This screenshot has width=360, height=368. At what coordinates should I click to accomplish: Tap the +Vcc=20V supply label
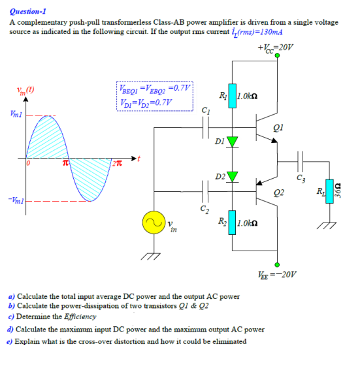click(x=276, y=48)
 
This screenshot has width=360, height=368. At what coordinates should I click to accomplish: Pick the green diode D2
click(x=231, y=176)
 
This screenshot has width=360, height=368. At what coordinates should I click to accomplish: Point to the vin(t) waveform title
click(x=25, y=90)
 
